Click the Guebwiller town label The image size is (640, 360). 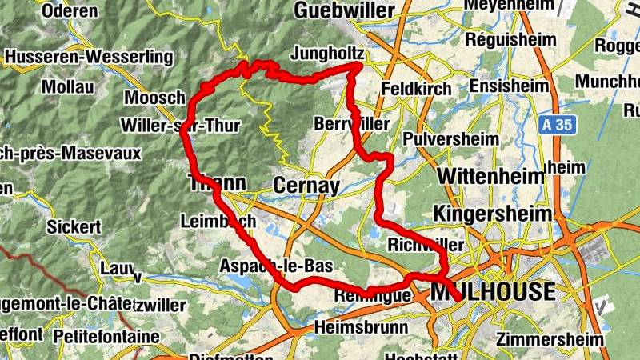344,10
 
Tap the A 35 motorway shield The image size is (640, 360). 558,125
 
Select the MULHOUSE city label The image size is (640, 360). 492,292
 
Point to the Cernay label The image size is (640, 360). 306,186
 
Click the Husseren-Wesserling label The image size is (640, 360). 89,58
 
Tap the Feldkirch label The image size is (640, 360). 417,89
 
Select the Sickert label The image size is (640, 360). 74,227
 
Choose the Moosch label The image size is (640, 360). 155,98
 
